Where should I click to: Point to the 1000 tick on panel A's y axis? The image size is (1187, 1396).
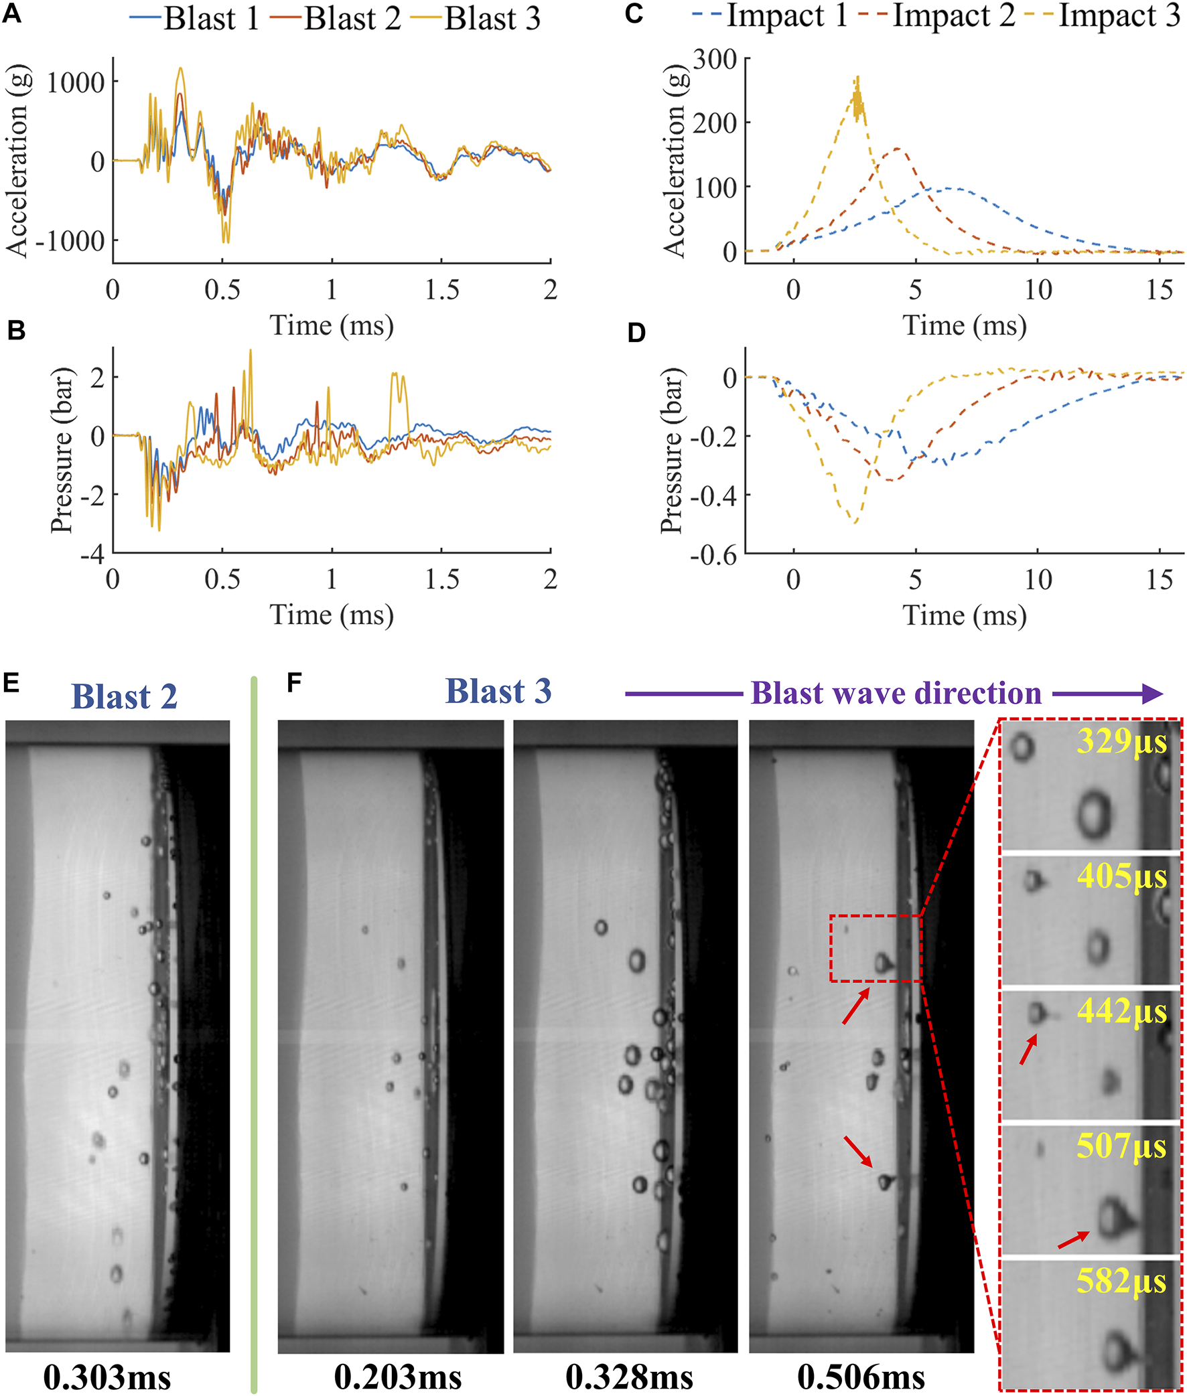[76, 83]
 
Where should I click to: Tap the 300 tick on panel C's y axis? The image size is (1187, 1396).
[715, 59]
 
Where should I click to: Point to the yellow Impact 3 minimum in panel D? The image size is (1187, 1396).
[855, 522]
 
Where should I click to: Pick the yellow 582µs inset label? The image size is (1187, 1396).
[1121, 1281]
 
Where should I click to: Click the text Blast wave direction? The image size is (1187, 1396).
[896, 692]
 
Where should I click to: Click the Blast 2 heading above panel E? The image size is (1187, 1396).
[124, 696]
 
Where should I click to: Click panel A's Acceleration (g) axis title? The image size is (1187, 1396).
[16, 161]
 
